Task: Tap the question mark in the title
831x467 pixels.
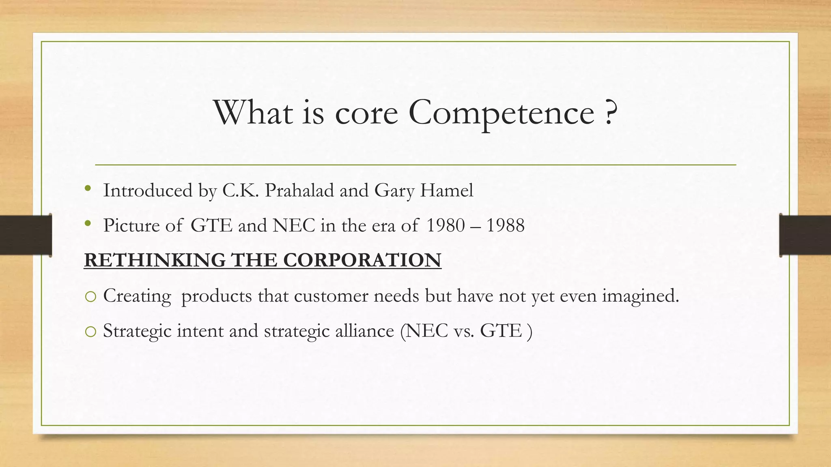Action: point(610,113)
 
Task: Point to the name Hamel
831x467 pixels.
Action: point(446,190)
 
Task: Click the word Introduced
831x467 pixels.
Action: point(148,190)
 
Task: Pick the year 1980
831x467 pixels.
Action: point(446,225)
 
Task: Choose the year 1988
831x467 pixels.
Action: point(506,225)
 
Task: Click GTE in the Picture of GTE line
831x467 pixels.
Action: point(211,225)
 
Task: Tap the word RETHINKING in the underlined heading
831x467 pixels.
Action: point(155,260)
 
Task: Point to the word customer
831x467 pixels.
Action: point(331,296)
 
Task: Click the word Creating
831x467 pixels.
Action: point(137,296)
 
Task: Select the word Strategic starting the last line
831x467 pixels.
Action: point(137,331)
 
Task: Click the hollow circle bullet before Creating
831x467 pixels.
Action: point(91,297)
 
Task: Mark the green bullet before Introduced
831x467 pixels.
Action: point(88,189)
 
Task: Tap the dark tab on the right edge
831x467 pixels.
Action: point(805,235)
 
